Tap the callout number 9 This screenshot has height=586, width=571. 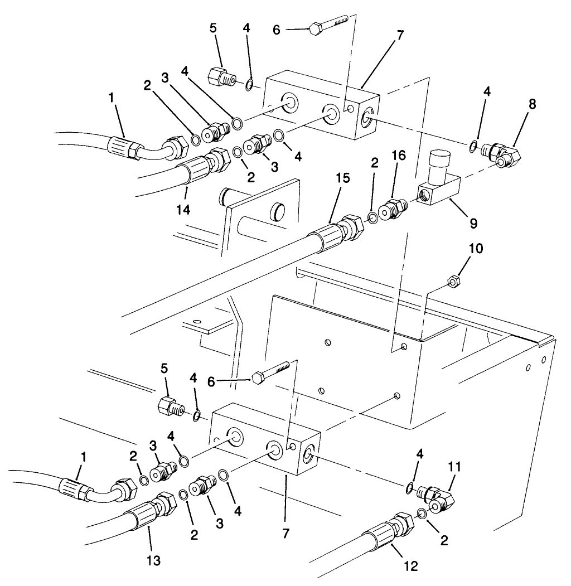pos(473,223)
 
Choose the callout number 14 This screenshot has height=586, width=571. pos(183,209)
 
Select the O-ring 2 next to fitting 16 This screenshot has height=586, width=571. pos(372,217)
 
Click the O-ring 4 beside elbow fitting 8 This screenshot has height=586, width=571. pos(472,147)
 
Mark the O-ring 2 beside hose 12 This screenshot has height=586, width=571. pos(423,513)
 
